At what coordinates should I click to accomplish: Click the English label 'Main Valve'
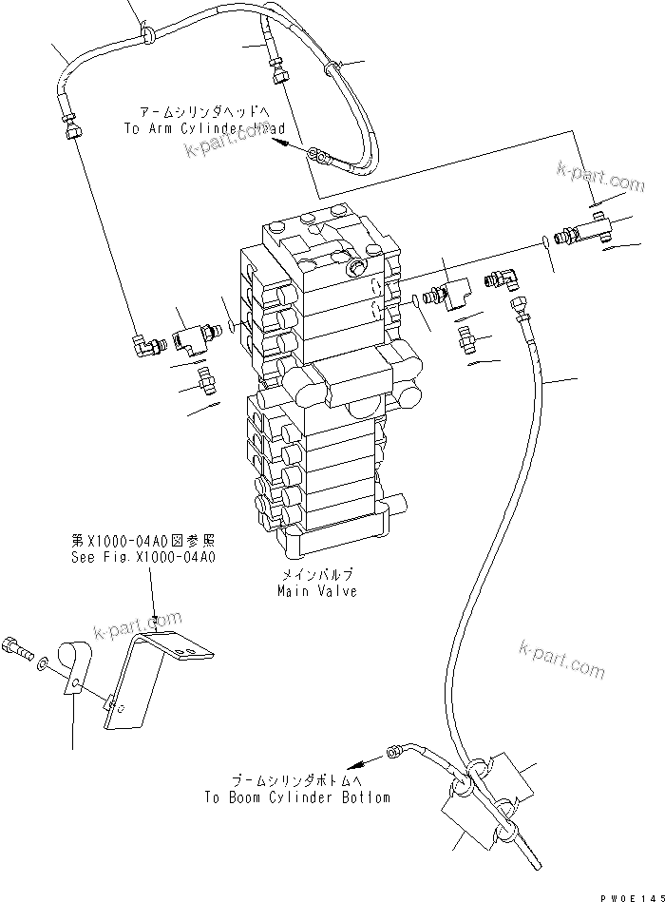click(x=317, y=591)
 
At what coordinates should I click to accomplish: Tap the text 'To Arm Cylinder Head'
click(x=205, y=128)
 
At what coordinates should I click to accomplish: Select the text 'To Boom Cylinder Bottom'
click(x=296, y=797)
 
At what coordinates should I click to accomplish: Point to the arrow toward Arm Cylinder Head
click(x=281, y=142)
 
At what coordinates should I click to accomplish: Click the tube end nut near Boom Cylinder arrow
click(x=392, y=755)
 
